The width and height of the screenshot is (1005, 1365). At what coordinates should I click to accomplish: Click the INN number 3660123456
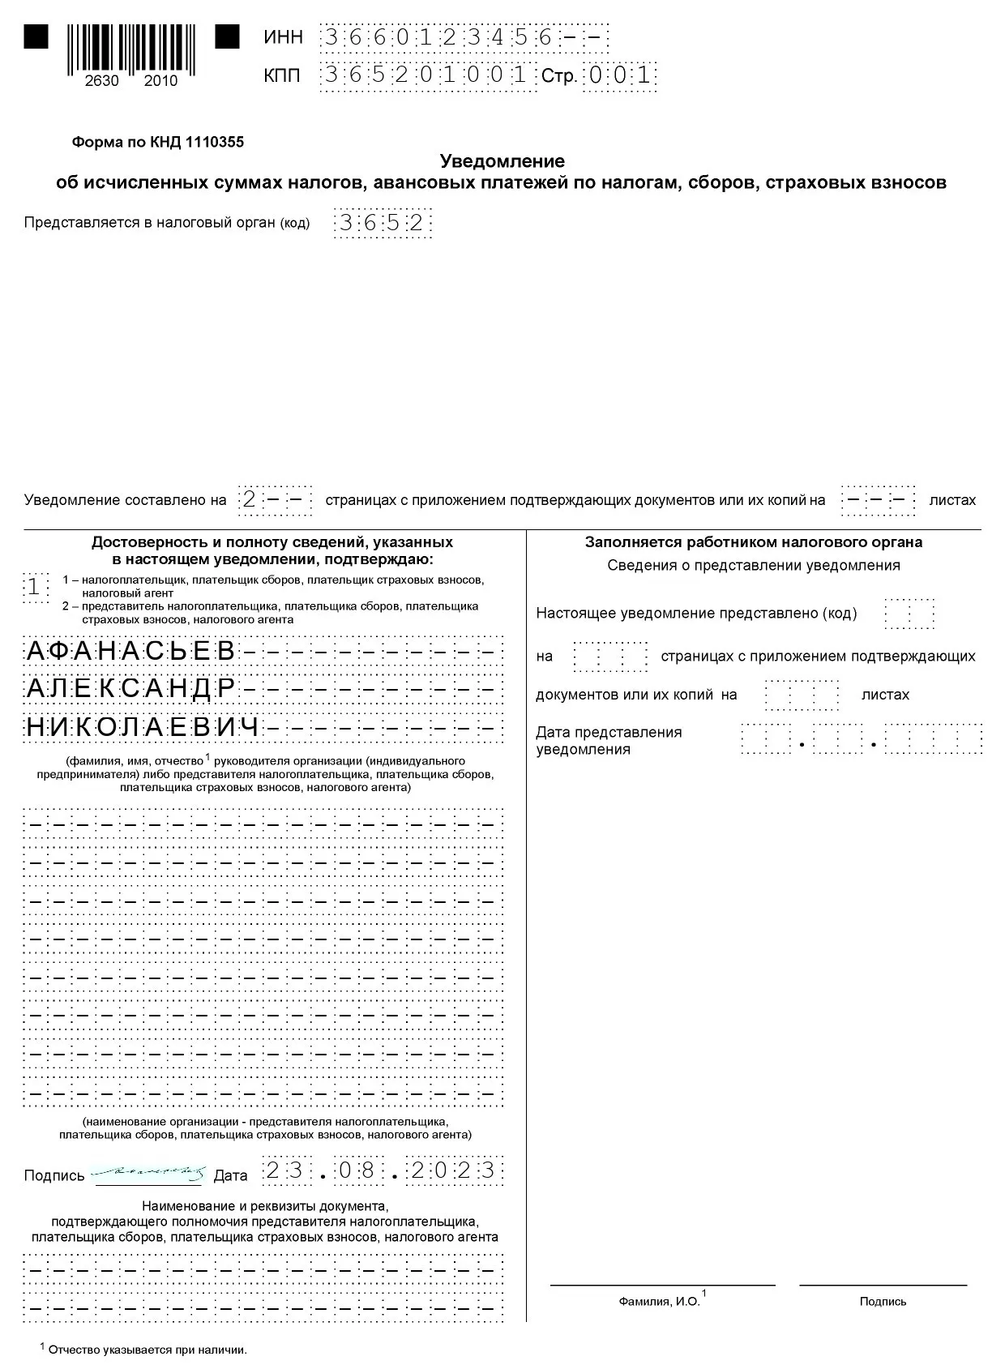coord(438,38)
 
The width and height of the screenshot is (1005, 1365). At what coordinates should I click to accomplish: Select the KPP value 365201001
coord(426,75)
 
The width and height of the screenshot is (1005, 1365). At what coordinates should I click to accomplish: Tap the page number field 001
coord(620,76)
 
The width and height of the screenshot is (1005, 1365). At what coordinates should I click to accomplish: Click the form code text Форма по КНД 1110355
coord(158,143)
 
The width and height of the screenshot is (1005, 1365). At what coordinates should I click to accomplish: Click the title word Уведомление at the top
coord(502,161)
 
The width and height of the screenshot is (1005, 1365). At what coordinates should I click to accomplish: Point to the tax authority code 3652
coord(382,223)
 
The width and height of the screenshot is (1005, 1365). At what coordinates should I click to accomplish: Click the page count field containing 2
coord(250,500)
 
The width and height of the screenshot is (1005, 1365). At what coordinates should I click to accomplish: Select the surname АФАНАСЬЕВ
coord(131,651)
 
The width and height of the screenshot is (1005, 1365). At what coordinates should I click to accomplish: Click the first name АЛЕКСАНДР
coord(131,689)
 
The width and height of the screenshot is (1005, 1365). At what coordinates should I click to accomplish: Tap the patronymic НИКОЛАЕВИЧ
coord(143,727)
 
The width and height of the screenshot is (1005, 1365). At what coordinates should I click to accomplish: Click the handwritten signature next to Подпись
coord(148,1172)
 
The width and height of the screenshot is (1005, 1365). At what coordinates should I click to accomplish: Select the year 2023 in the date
coord(453,1171)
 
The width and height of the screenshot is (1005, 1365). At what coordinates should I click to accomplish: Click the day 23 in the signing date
coord(284,1171)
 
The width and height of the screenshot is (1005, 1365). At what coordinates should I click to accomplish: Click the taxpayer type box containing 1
coord(34,586)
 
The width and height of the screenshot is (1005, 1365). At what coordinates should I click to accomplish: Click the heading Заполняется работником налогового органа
coord(754,542)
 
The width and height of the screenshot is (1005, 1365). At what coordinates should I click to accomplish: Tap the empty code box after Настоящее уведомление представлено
coord(909,614)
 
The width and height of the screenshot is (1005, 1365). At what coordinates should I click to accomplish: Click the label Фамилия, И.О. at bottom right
coord(660,1301)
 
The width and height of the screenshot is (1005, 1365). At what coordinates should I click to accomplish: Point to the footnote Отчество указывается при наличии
coord(147,1350)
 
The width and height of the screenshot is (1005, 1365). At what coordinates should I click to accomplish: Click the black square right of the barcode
coord(227,37)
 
